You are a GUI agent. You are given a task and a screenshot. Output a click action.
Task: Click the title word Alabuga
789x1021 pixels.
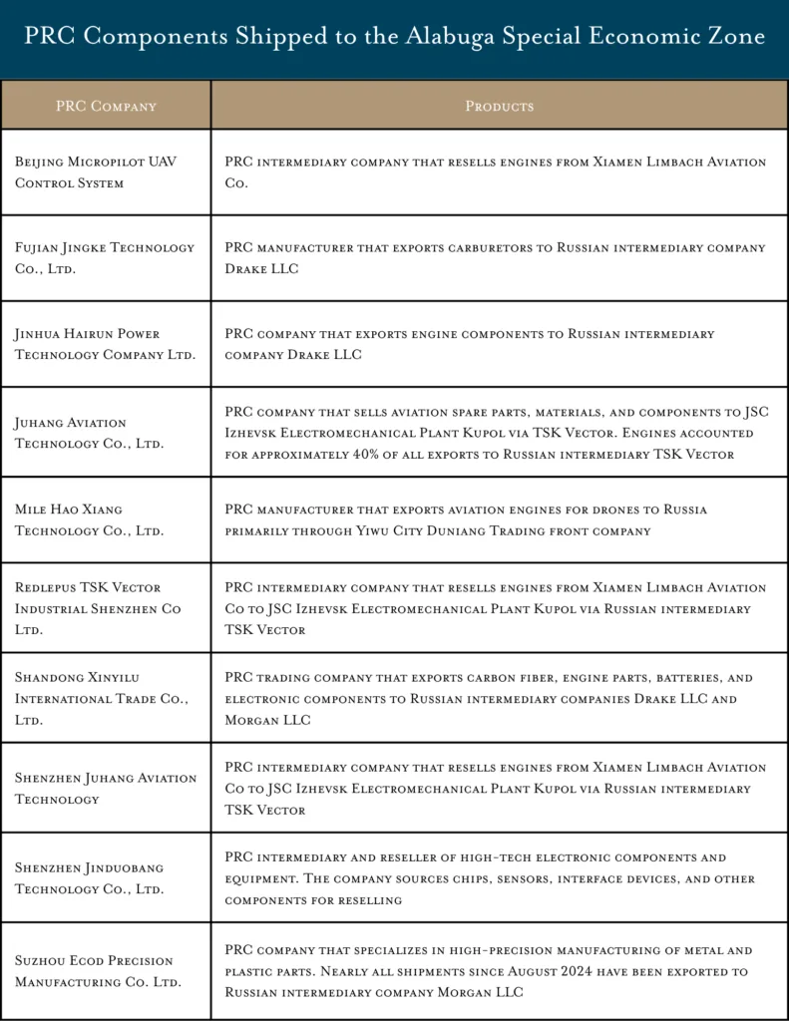click(x=449, y=37)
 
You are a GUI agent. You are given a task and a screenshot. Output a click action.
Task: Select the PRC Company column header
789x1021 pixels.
click(x=106, y=106)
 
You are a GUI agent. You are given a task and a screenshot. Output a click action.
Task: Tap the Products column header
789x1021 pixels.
click(x=499, y=106)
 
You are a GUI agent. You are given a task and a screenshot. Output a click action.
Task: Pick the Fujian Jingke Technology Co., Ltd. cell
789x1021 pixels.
click(x=105, y=258)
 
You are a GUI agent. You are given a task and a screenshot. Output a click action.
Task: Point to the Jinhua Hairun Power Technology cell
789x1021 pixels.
click(x=105, y=344)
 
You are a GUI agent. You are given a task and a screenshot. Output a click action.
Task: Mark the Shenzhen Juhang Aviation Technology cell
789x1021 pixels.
click(x=105, y=788)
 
